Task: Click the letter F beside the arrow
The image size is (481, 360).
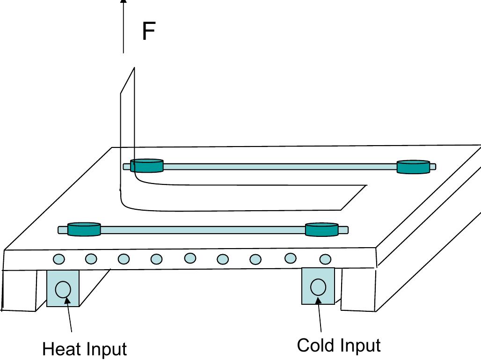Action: (x=148, y=32)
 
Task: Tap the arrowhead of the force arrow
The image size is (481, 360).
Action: (x=124, y=2)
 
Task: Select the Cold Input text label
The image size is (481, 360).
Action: (x=339, y=346)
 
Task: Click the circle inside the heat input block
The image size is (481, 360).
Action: (x=63, y=289)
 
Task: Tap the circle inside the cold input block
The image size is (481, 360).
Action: (x=318, y=287)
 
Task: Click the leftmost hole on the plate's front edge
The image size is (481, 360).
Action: (x=59, y=258)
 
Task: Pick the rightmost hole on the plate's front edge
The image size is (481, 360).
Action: (x=325, y=259)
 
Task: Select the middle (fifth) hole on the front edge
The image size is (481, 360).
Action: (x=190, y=258)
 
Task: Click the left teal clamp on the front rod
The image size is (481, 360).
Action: (x=84, y=229)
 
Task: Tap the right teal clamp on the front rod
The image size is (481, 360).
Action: (x=321, y=229)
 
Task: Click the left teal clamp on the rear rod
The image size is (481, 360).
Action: (x=146, y=166)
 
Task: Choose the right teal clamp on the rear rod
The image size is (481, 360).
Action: (x=413, y=166)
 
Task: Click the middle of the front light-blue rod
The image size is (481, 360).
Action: (x=203, y=229)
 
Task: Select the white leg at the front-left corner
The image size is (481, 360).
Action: (x=20, y=290)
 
